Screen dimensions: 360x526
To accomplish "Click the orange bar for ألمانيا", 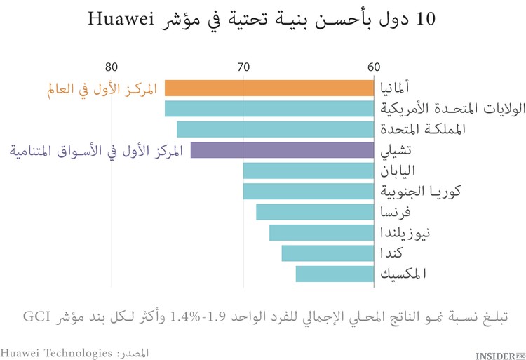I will (269, 88).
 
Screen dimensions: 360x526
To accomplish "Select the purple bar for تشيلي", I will (281, 150).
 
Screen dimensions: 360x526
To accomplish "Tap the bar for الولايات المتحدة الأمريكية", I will (269, 109).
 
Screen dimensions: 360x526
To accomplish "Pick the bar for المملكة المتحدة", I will (274, 129).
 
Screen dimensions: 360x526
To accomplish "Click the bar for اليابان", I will (308, 171).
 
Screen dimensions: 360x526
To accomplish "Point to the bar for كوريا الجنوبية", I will (308, 191).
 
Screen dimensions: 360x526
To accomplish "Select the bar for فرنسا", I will (314, 212).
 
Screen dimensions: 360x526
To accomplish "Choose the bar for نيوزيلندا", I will (321, 232).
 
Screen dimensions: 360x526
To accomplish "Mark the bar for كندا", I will (327, 253).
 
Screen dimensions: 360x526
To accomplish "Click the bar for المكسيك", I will (334, 274).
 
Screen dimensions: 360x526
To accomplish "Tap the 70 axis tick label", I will (243, 67).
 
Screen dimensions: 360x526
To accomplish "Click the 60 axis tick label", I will (373, 67).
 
